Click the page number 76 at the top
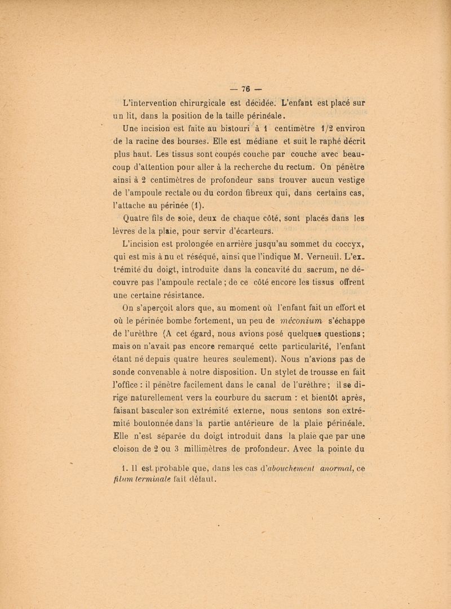point(245,89)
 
